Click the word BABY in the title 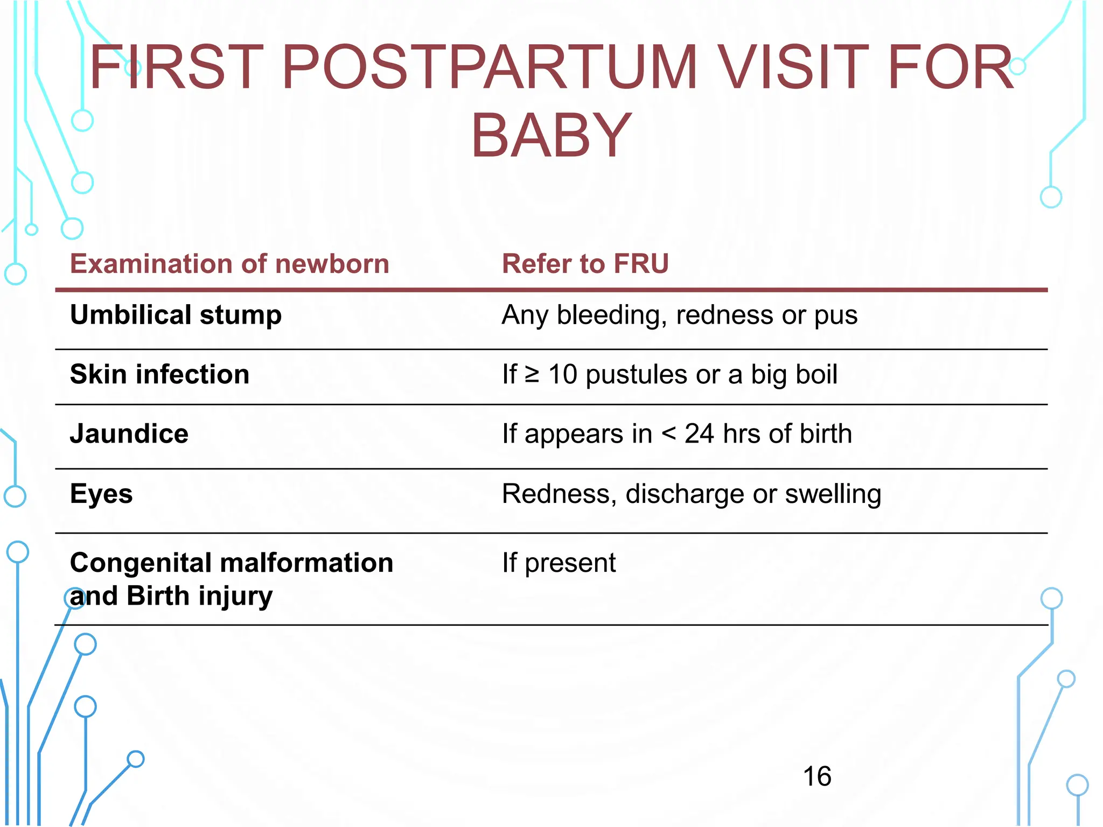(x=551, y=136)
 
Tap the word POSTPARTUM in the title (x=489, y=67)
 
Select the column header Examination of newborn (x=229, y=264)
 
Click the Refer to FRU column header (x=585, y=264)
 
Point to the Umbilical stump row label (x=176, y=315)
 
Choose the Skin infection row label (x=159, y=374)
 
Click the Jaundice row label (x=129, y=434)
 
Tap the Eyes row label (x=101, y=494)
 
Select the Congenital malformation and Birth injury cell (x=232, y=579)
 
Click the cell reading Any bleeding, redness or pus (x=679, y=315)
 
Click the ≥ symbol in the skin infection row (x=532, y=375)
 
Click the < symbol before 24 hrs (x=668, y=434)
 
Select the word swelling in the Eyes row (x=833, y=494)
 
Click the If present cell (x=559, y=563)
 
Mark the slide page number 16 (x=816, y=776)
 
